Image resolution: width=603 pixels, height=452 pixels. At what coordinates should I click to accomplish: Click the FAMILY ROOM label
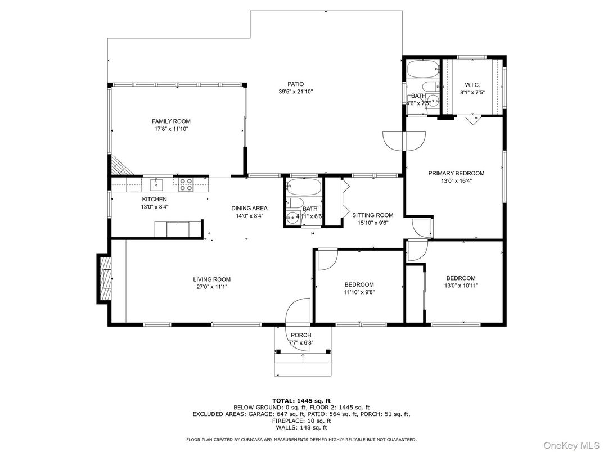(x=171, y=121)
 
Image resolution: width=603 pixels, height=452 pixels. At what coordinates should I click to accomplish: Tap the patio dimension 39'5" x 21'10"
(x=295, y=92)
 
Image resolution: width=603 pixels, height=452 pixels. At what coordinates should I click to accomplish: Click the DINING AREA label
(x=249, y=208)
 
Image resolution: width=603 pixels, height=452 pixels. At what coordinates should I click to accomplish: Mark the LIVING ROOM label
(x=211, y=279)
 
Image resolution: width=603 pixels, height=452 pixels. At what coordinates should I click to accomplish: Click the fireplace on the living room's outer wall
(x=105, y=279)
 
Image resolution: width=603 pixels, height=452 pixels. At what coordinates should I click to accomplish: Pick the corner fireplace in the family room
(x=119, y=165)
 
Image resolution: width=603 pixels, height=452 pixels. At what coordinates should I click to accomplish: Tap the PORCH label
(x=301, y=336)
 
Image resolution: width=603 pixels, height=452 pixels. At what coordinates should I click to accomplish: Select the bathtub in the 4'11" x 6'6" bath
(x=304, y=187)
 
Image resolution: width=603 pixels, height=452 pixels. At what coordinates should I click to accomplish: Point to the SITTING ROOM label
(x=372, y=215)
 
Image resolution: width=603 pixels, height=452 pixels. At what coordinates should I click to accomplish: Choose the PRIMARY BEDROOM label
(x=456, y=174)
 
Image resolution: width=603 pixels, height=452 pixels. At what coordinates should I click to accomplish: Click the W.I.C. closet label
(x=472, y=84)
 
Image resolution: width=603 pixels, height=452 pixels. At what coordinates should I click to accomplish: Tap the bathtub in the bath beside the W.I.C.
(x=422, y=70)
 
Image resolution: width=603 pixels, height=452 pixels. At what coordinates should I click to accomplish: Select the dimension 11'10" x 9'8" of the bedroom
(x=359, y=292)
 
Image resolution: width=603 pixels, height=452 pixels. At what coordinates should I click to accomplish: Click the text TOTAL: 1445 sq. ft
(x=301, y=401)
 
